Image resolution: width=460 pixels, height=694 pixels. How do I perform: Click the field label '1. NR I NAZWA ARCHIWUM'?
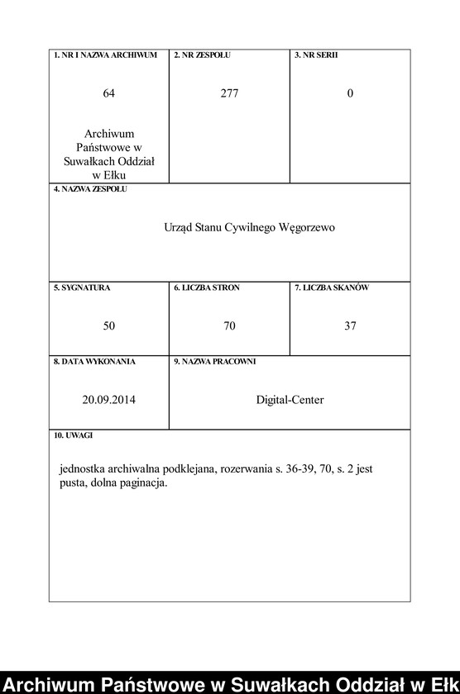(x=105, y=55)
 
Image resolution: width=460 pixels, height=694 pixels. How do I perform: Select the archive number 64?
(x=109, y=93)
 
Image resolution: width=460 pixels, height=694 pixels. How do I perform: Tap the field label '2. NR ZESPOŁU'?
(x=203, y=55)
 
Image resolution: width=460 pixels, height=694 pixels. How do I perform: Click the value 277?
(x=229, y=93)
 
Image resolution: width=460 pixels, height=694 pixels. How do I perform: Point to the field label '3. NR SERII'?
(x=316, y=55)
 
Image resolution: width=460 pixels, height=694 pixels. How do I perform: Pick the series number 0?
(x=350, y=93)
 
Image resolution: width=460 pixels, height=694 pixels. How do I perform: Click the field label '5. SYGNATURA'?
(x=82, y=288)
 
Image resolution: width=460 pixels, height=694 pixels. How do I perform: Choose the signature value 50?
(x=109, y=326)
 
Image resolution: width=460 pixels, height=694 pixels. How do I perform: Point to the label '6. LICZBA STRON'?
(x=207, y=288)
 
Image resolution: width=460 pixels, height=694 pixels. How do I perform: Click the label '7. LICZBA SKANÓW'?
(x=332, y=288)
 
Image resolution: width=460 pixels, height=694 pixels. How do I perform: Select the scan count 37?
(x=350, y=326)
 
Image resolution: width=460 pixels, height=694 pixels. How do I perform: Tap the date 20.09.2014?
(x=109, y=400)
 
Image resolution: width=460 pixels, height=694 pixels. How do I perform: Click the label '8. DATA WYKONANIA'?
(x=94, y=362)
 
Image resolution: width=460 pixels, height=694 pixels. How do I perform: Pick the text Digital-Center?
(x=290, y=400)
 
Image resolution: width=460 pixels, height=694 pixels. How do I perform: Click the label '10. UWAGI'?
(x=74, y=435)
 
